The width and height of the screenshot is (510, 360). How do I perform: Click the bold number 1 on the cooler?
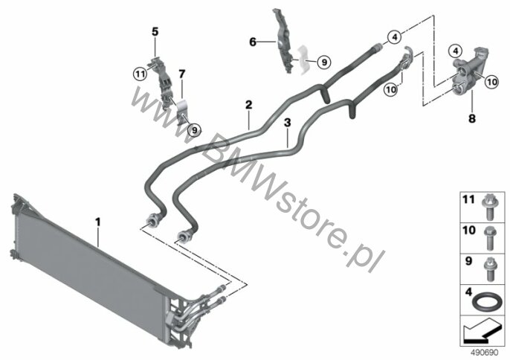point(97,222)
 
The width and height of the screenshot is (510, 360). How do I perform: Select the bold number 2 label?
point(248,105)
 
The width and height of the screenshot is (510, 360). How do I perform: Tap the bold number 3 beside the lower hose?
point(287,123)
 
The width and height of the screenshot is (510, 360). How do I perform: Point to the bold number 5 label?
point(155,32)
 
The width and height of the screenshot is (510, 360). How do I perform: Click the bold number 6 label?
point(253,42)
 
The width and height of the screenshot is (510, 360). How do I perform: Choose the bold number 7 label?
point(182,74)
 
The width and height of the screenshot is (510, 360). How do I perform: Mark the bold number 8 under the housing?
point(472,118)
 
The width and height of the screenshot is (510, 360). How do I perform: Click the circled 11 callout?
point(141,74)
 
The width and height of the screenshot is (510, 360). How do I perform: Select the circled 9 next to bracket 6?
point(324,62)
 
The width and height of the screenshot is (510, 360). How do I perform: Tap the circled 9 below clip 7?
point(194,130)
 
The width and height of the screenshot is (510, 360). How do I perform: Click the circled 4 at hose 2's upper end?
point(395,37)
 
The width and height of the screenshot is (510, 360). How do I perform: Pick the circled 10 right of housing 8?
point(492,82)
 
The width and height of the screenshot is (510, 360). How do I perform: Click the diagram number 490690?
point(485,353)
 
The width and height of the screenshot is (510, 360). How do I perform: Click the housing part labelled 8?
point(469,71)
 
